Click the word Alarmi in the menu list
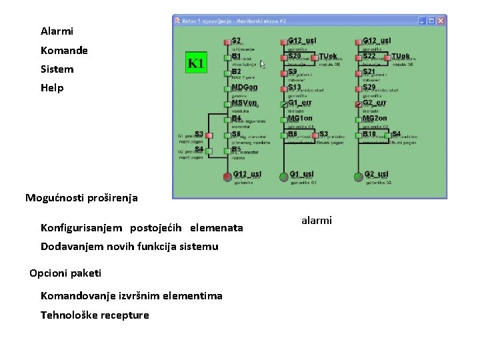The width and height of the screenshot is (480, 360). click(57, 31)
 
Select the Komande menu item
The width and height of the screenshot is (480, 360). click(64, 51)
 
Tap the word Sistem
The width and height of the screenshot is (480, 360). click(57, 69)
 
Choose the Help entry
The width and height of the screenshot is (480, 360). click(52, 88)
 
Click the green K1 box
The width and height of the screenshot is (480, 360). click(196, 63)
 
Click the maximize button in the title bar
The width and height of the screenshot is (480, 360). click(431, 21)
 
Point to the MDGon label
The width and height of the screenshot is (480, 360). click(244, 87)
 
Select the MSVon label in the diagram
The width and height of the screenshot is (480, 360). click(244, 103)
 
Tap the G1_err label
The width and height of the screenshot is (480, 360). click(299, 103)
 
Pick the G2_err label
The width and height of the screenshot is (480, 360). click(374, 103)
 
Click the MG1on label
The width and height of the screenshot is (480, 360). click(300, 118)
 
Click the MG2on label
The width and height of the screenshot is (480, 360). click(375, 118)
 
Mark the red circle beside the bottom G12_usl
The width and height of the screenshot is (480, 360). click(227, 176)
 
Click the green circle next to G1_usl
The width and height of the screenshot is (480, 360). click(283, 176)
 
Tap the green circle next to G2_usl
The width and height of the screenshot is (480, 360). click(359, 176)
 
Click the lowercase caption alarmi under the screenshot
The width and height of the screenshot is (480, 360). click(316, 221)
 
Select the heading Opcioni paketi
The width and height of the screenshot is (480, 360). click(65, 273)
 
